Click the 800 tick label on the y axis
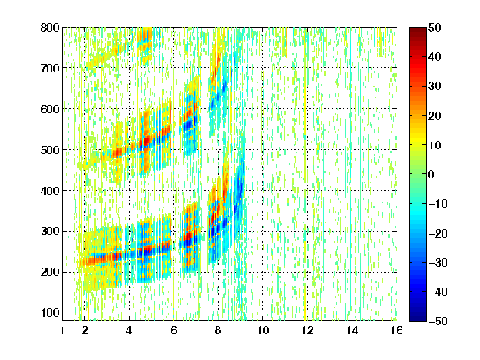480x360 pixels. [x=50, y=27]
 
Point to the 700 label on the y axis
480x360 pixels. [x=50, y=68]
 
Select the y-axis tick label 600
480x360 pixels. [x=50, y=109]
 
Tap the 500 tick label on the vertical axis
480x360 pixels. [x=50, y=150]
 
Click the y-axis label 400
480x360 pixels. [x=50, y=191]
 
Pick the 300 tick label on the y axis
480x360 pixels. [x=50, y=231]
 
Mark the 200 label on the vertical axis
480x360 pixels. [x=50, y=272]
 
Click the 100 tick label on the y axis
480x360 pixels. [x=50, y=312]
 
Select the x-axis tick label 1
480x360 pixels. [x=62, y=331]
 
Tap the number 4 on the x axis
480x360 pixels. [x=129, y=331]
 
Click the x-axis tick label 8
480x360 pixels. [x=217, y=331]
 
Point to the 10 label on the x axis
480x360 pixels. [x=262, y=331]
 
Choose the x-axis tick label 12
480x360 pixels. [x=307, y=331]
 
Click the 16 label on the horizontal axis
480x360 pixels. [x=397, y=331]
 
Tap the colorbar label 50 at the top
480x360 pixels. [x=434, y=27]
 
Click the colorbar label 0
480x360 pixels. [x=432, y=174]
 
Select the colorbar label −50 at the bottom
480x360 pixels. [x=438, y=321]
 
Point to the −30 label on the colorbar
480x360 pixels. [x=438, y=262]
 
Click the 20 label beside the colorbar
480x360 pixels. [x=434, y=116]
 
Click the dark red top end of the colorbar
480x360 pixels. [x=417, y=29]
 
